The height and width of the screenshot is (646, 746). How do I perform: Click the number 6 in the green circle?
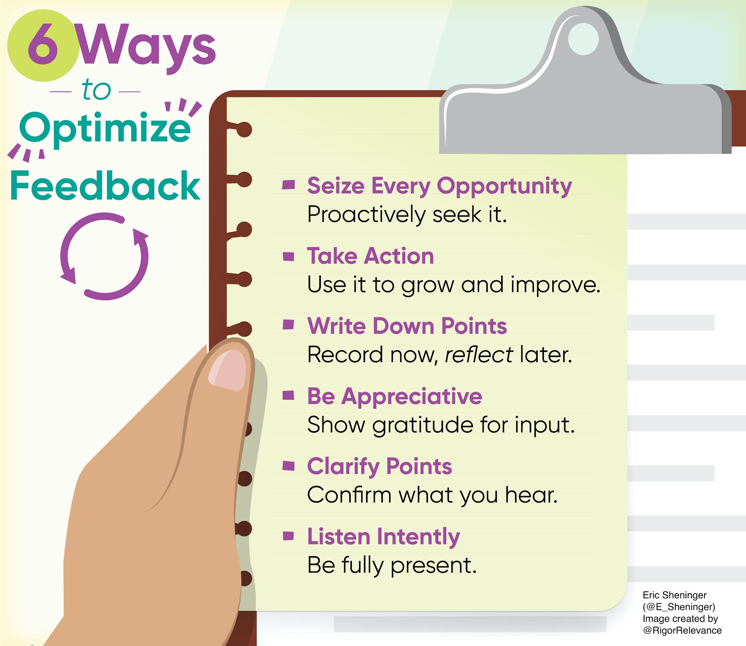pos(43,44)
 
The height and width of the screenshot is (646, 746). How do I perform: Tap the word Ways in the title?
pos(147,47)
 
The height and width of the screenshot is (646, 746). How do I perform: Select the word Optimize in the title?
pos(105,129)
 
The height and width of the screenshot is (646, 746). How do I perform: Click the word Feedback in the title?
pos(105,186)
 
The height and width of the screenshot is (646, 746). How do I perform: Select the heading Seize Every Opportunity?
pos(439,186)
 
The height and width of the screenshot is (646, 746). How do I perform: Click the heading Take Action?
pos(370,255)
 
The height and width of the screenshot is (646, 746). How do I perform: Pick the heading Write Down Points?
pos(407,326)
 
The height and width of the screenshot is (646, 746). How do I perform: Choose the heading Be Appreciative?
pos(394,396)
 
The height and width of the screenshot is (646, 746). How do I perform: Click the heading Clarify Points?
pos(380,467)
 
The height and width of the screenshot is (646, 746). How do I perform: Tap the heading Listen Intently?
pos(384,537)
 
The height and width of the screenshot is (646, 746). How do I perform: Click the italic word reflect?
pos(479,354)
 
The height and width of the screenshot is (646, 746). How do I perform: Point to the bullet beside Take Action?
pos(288,257)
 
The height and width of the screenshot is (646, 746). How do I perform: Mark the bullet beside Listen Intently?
pos(288,536)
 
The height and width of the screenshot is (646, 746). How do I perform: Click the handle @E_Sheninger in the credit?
pos(679,607)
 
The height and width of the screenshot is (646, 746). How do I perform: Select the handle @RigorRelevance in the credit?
pos(682,630)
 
